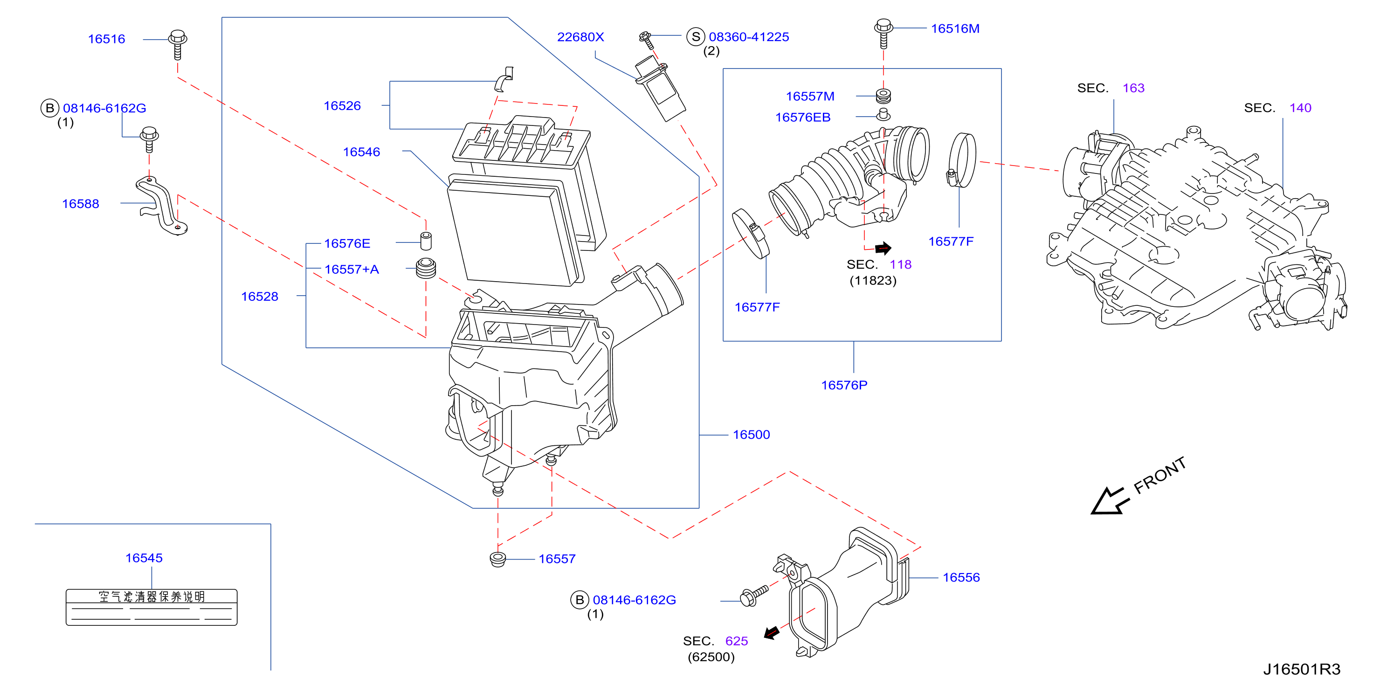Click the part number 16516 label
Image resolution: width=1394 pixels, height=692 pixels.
tap(107, 39)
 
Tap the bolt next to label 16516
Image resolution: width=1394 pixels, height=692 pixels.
tap(178, 44)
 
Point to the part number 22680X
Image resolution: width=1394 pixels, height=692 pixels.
tap(580, 37)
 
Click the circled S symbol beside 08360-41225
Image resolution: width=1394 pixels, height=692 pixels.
tap(696, 37)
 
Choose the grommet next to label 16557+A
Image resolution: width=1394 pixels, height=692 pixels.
tap(426, 268)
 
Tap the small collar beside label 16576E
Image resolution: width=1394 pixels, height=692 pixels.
tap(426, 241)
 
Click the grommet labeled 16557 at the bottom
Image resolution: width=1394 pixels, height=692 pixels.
tap(497, 559)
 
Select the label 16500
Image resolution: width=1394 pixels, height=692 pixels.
tap(751, 435)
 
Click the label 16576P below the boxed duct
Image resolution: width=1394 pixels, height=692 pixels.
tap(844, 385)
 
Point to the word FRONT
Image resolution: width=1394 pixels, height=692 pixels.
tap(1159, 475)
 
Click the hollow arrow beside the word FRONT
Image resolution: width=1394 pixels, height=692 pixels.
tap(1109, 501)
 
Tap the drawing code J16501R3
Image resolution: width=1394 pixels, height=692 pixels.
tap(1302, 669)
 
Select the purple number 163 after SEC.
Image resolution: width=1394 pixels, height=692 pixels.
tap(1133, 88)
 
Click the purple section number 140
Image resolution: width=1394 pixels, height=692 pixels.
tap(1300, 108)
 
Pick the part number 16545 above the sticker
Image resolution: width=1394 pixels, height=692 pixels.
tap(144, 558)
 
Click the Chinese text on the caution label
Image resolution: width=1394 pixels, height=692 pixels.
tap(152, 596)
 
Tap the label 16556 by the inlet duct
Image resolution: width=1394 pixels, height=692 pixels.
tap(961, 577)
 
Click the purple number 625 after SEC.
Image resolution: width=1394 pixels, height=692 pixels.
tap(737, 641)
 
